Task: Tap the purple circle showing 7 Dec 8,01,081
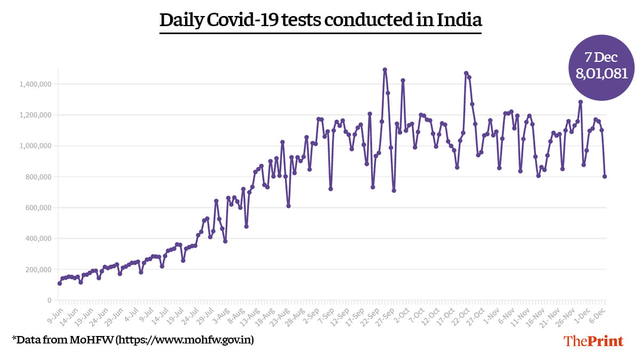pyautogui.click(x=601, y=67)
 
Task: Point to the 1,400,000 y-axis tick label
pyautogui.click(x=35, y=84)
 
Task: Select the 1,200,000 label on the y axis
pyautogui.click(x=35, y=115)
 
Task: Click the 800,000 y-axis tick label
pyautogui.click(x=37, y=177)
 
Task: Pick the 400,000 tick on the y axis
pyautogui.click(x=37, y=239)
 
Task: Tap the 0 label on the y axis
pyautogui.click(x=48, y=301)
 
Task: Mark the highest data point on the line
pyautogui.click(x=385, y=70)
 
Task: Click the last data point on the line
pyautogui.click(x=605, y=177)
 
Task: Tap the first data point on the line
pyautogui.click(x=59, y=283)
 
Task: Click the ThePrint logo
pyautogui.click(x=594, y=341)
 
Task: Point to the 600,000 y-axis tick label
pyautogui.click(x=37, y=208)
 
